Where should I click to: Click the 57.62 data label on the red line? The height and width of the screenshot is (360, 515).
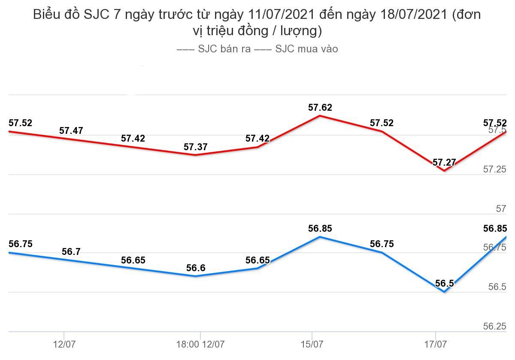pyautogui.click(x=320, y=108)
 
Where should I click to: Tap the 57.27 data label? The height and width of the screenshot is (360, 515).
pyautogui.click(x=444, y=163)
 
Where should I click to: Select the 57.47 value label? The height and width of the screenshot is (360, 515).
pyautogui.click(x=71, y=131)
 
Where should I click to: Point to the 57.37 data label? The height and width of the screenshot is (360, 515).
pyautogui.click(x=196, y=147)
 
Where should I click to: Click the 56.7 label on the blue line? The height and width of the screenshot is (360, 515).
pyautogui.click(x=71, y=252)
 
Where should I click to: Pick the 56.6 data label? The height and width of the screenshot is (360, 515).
pyautogui.click(x=196, y=268)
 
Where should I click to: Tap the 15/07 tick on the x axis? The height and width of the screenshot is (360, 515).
pyautogui.click(x=312, y=344)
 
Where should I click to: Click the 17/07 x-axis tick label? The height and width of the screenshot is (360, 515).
pyautogui.click(x=436, y=344)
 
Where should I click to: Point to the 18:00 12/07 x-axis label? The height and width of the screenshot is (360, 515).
pyautogui.click(x=200, y=344)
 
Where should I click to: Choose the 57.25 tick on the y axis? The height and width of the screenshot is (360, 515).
pyautogui.click(x=495, y=169)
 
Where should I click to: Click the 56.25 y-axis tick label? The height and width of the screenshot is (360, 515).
pyautogui.click(x=495, y=327)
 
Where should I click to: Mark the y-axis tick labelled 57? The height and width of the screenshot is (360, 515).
pyautogui.click(x=501, y=209)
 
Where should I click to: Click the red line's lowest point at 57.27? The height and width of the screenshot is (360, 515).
pyautogui.click(x=444, y=171)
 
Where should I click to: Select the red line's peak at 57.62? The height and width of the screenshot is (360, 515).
pyautogui.click(x=320, y=115)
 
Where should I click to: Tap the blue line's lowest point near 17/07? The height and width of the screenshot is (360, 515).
pyautogui.click(x=444, y=292)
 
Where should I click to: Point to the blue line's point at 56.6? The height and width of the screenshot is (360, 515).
pyautogui.click(x=196, y=276)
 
